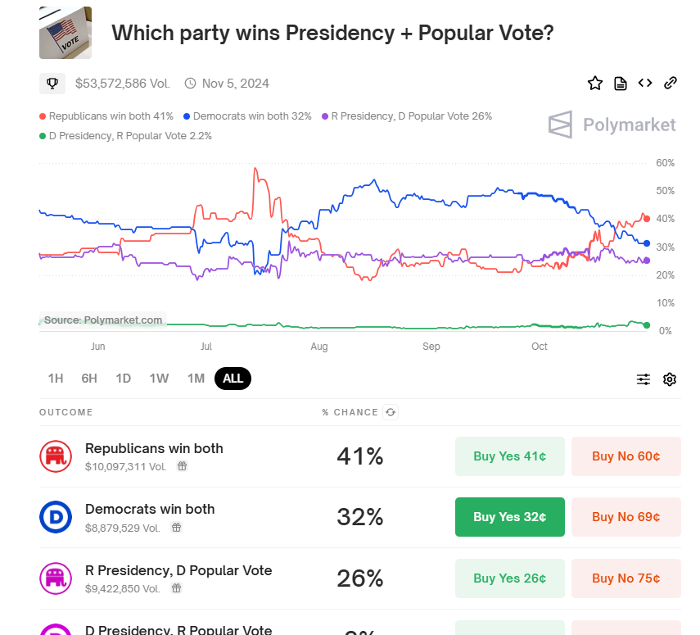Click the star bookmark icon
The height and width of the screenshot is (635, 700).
click(595, 83)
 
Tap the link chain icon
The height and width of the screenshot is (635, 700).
click(670, 83)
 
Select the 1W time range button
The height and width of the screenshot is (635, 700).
click(159, 379)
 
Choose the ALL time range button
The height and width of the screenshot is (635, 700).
click(233, 379)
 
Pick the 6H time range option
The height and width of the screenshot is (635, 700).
click(89, 379)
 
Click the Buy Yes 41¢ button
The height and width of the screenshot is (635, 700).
click(509, 456)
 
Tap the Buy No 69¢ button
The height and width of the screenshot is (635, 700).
click(625, 517)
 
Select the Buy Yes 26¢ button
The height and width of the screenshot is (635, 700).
click(509, 578)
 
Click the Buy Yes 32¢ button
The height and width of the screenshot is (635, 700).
click(509, 517)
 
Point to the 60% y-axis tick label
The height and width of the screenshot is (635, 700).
click(665, 163)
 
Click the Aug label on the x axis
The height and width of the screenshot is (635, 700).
click(318, 347)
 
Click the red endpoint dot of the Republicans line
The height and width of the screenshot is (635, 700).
click(647, 219)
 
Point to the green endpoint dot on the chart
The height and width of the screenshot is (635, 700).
click(647, 325)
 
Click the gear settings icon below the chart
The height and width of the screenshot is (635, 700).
click(670, 379)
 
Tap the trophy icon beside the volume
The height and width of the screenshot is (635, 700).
click(52, 84)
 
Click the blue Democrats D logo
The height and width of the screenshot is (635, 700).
click(56, 517)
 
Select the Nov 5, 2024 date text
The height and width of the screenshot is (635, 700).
click(235, 84)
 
